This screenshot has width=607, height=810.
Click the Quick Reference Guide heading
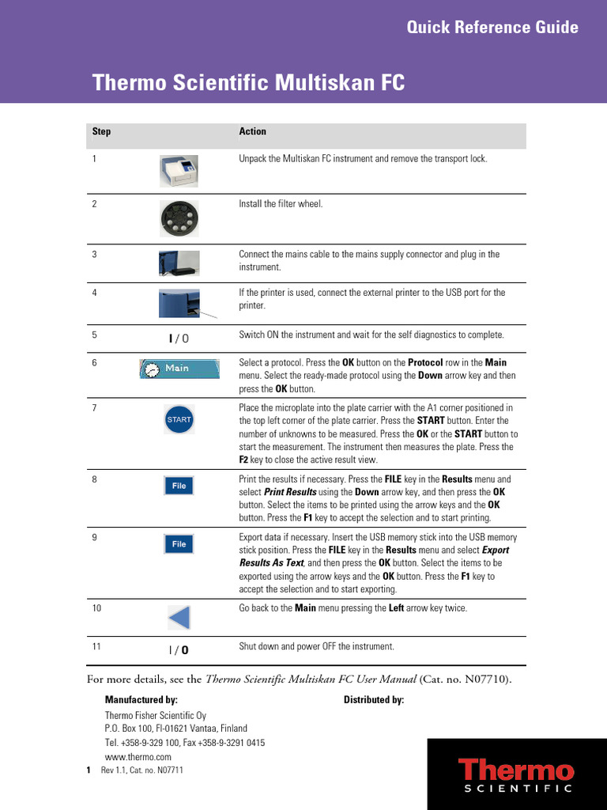[x=492, y=28]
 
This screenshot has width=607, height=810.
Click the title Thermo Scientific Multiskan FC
[x=249, y=83]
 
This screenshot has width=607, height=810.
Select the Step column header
[x=101, y=131]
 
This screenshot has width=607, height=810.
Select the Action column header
[x=252, y=131]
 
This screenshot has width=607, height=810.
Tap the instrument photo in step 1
[x=179, y=169]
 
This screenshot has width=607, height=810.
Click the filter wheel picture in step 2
[x=179, y=218]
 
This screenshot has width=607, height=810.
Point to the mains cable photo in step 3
[x=179, y=263]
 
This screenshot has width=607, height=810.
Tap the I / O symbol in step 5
[x=179, y=339]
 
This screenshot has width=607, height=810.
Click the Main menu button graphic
[x=179, y=369]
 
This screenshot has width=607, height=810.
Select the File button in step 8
[x=179, y=486]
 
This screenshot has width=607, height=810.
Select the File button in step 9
[x=179, y=544]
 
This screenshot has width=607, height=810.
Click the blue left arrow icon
[x=179, y=617]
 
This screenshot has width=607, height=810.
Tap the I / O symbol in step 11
[x=179, y=650]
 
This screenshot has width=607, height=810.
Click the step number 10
[x=97, y=608]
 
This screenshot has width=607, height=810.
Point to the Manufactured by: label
[x=141, y=700]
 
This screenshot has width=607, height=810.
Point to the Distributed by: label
[x=374, y=700]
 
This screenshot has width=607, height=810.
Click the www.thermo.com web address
[x=138, y=757]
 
